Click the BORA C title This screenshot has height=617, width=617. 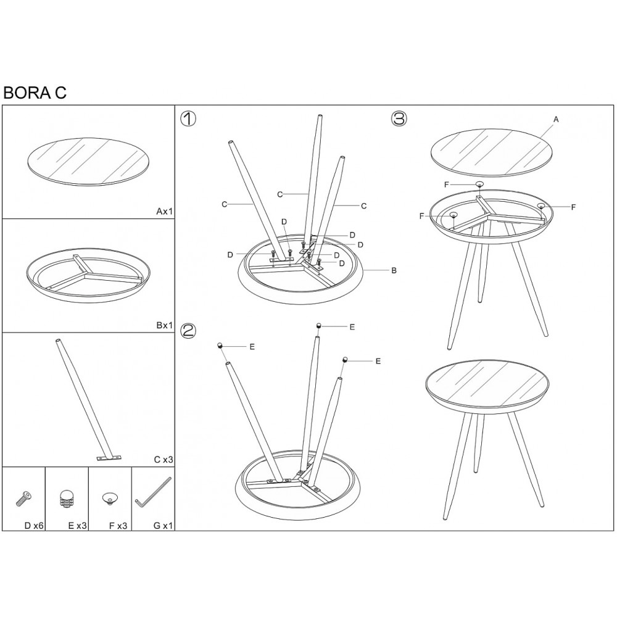coord(35,93)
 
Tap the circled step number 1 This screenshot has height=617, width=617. coord(188,118)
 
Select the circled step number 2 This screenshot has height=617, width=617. coord(188,331)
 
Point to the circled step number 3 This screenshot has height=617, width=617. coord(399,118)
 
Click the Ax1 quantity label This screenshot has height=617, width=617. coord(165,211)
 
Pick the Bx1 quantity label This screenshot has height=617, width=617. coord(165,325)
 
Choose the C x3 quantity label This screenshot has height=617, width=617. coord(164,459)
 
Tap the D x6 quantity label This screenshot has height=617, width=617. coord(34,525)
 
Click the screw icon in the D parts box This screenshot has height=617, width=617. coord(23,499)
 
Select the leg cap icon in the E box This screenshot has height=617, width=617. coord(67,499)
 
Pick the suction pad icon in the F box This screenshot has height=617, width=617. coord(109,499)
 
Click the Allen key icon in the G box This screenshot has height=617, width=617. coord(153,492)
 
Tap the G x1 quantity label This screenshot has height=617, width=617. coord(163,525)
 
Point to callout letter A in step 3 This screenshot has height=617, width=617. coord(556,119)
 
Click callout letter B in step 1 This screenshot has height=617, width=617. coord(394,271)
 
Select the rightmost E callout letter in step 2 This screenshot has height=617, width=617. coord(378,361)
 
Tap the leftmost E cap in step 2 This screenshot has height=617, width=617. coord(220,346)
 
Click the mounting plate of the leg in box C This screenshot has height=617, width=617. coord(109,458)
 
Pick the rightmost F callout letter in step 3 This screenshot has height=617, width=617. coord(573,207)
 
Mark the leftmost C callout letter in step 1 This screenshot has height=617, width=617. coord(225,204)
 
